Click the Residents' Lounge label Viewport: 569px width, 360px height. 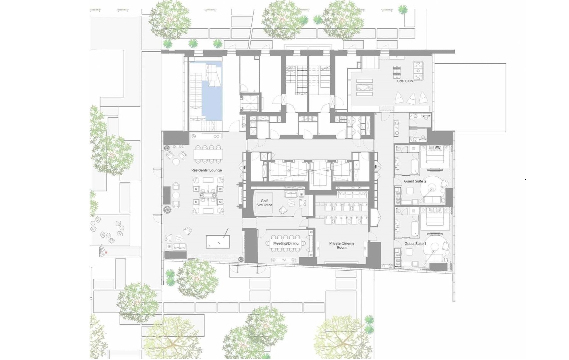coord(207,170)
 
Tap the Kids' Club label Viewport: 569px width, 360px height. coord(405,81)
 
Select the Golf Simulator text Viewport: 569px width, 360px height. coord(264,203)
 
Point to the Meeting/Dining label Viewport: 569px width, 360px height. coord(286,243)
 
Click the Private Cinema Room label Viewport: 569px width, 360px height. coord(342,245)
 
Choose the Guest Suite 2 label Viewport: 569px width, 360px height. coord(415,181)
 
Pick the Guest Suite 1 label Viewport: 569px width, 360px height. coord(415,244)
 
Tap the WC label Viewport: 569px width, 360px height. coord(437,147)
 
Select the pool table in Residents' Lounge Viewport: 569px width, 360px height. coord(218,242)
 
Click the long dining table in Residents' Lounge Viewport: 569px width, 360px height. coord(208,154)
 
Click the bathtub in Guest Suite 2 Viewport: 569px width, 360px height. coord(415,167)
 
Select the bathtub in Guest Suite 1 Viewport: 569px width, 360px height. coord(415,229)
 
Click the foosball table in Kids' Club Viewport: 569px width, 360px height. coord(418,71)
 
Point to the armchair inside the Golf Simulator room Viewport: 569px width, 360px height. coord(283,210)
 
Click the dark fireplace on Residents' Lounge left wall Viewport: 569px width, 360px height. coord(167,195)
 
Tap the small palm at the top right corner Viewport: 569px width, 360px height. coord(403,10)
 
